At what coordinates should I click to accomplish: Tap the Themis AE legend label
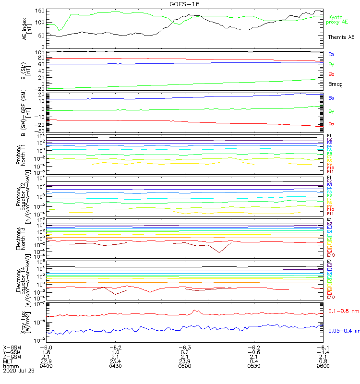pyautogui.click(x=341, y=37)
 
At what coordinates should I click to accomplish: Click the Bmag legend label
pyautogui.click(x=335, y=84)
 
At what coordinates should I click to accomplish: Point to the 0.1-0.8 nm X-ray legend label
pyautogui.click(x=342, y=311)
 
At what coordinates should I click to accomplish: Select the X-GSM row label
pyautogui.click(x=11, y=347)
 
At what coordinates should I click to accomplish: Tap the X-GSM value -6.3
pyautogui.click(x=185, y=347)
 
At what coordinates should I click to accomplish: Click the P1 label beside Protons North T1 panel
pyautogui.click(x=330, y=136)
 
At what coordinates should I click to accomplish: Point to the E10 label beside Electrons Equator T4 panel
pyautogui.click(x=331, y=297)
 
